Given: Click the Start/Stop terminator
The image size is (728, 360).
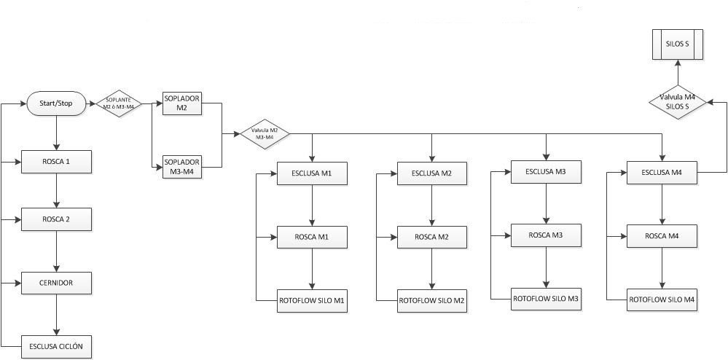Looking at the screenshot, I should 56,103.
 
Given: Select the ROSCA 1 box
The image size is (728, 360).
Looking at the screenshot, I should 57,161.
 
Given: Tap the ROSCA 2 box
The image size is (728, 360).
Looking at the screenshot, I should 57,219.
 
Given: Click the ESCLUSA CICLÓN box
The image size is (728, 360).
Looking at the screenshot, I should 57,345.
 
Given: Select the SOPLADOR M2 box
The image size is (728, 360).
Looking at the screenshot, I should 181,103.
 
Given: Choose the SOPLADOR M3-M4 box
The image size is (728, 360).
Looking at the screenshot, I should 181,167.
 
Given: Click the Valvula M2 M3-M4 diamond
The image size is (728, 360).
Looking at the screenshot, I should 265,134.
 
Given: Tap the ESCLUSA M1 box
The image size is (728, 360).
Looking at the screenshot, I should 312,173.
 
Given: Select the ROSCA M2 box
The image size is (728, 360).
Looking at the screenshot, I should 431,237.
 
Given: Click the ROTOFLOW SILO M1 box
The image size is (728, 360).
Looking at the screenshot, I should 312,300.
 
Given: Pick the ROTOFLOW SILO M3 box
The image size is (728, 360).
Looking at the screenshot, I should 547,299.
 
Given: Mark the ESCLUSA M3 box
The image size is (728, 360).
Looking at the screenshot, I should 547,172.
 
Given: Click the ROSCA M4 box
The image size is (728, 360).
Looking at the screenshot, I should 662,236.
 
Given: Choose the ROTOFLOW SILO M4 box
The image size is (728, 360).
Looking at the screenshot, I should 662,300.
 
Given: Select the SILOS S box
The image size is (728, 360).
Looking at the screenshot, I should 677,44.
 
